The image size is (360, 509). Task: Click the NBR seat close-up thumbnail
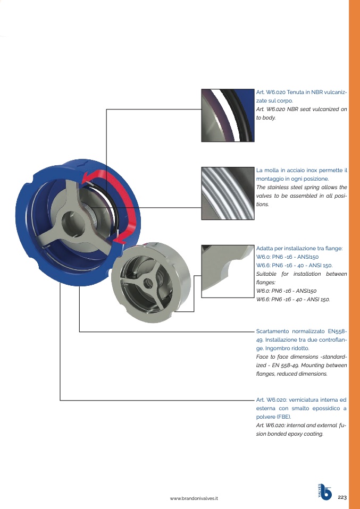click(228, 115)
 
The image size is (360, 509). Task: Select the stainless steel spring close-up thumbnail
click(228, 193)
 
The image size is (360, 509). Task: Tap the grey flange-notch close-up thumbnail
click(228, 272)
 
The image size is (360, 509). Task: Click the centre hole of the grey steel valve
click(148, 283)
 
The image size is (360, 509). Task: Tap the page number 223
click(342, 497)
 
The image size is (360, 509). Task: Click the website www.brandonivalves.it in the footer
click(194, 498)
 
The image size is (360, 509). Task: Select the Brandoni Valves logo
click(324, 492)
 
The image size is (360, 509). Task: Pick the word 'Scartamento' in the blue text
click(272, 332)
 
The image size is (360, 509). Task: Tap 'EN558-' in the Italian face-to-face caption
click(338, 332)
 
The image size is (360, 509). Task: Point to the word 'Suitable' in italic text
click(266, 274)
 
